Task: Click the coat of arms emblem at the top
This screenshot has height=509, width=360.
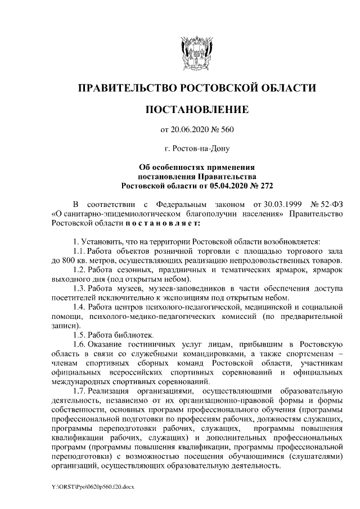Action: (196, 52)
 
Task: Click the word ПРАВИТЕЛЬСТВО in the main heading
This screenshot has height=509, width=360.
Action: (125, 88)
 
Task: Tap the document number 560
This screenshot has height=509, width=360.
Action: (226, 130)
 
